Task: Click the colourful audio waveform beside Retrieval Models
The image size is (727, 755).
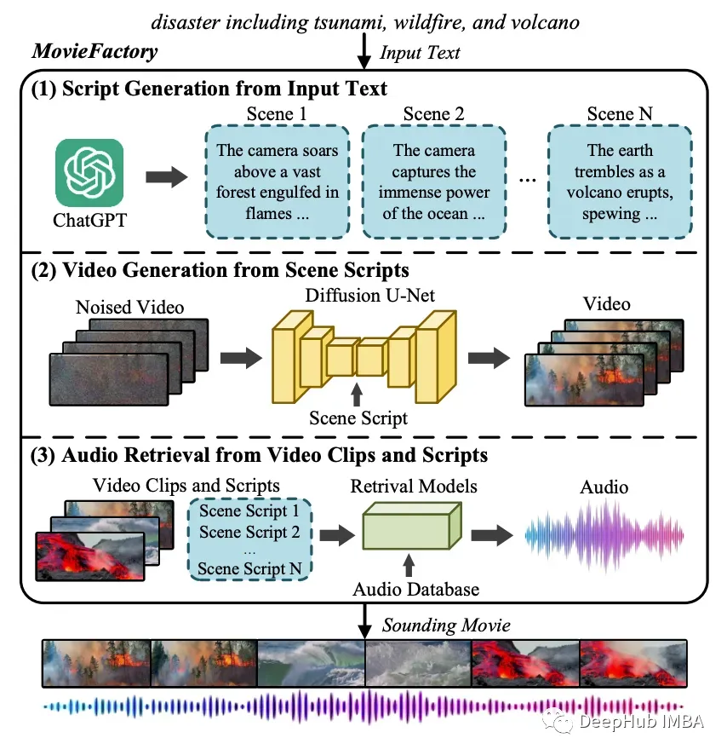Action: [x=604, y=535]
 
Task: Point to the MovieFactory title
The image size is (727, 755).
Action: [x=94, y=51]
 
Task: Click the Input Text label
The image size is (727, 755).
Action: [x=420, y=53]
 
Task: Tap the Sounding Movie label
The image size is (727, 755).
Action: [x=447, y=625]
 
